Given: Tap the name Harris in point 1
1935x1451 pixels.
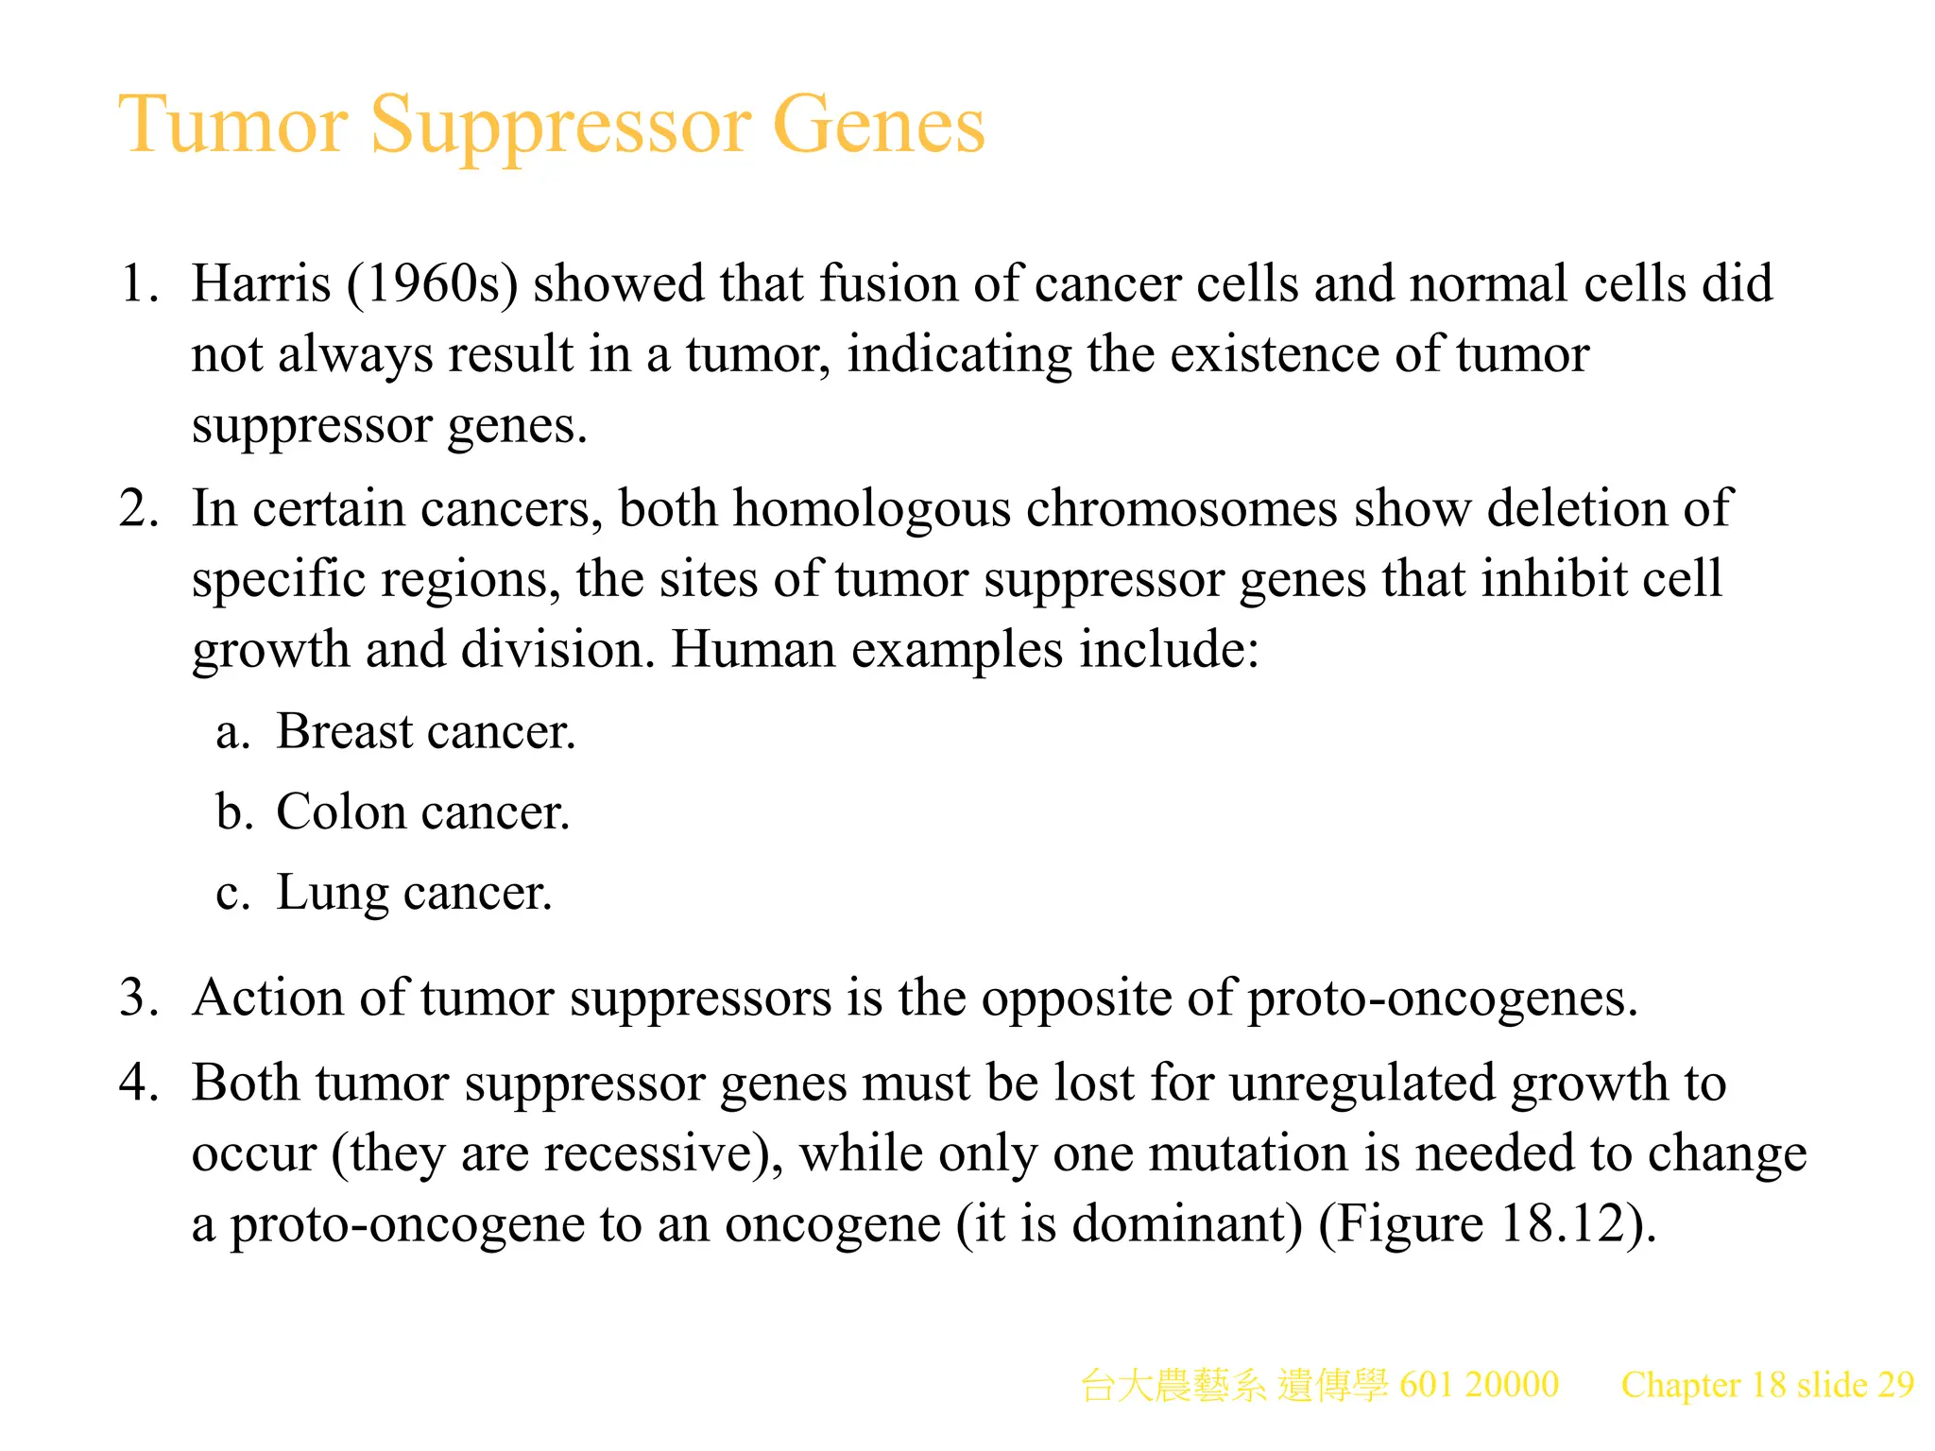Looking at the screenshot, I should click(261, 283).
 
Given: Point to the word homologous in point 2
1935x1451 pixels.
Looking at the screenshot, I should click(871, 509).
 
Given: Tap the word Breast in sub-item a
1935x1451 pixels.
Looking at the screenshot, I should click(345, 732).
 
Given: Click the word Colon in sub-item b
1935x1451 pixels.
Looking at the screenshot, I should click(340, 812).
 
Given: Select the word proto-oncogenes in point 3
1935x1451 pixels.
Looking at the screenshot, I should click(1442, 999).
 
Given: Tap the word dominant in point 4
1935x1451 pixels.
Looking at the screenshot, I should click(1187, 1224).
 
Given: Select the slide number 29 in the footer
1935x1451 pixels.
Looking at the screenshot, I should click(1895, 1385).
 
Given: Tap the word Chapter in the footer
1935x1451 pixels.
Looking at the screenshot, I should click(1681, 1385).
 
